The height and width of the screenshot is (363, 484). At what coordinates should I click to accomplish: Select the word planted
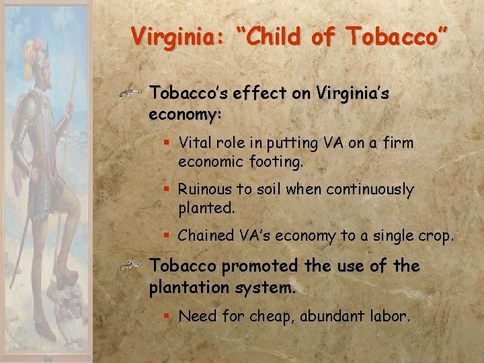205,208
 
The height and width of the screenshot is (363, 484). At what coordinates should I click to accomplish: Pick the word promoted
259,266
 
